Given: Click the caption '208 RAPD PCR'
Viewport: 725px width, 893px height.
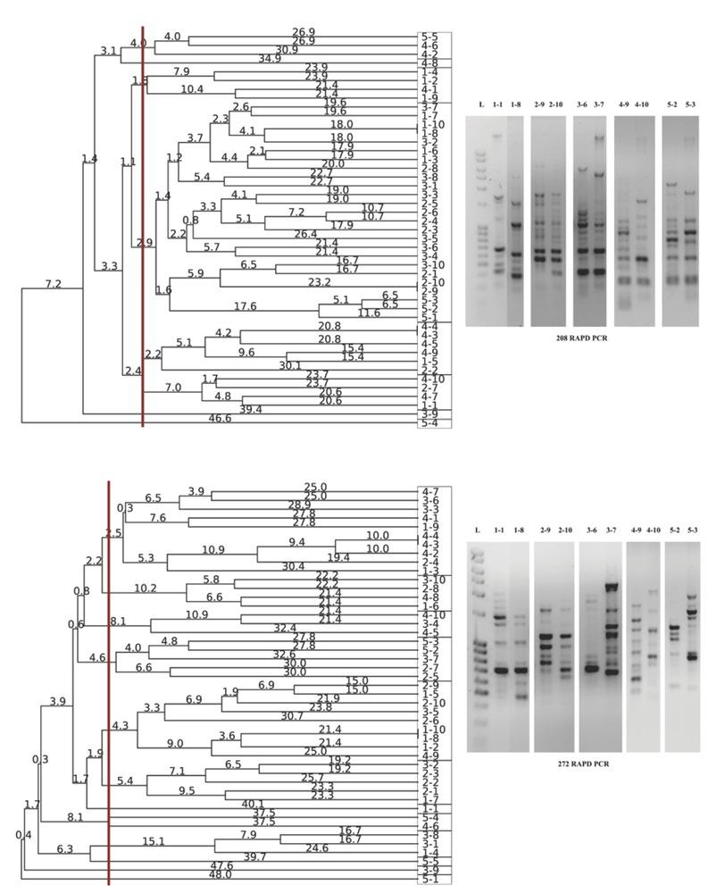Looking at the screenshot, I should [x=582, y=340].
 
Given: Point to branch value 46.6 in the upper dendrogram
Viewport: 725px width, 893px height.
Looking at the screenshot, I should [x=220, y=418].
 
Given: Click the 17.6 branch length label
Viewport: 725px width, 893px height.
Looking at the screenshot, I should [x=245, y=306].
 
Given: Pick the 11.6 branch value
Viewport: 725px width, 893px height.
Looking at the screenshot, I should [x=369, y=313].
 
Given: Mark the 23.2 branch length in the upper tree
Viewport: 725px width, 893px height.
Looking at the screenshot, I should [x=319, y=281].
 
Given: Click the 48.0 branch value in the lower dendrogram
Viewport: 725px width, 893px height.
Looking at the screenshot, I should [x=220, y=874].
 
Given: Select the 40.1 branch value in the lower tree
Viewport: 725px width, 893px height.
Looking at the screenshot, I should [x=253, y=803].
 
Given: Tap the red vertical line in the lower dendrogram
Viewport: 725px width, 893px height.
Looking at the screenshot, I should [x=109, y=679].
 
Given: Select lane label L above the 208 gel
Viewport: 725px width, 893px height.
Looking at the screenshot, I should [x=481, y=105].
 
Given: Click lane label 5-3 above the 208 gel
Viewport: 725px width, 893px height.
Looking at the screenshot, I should [x=690, y=105].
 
